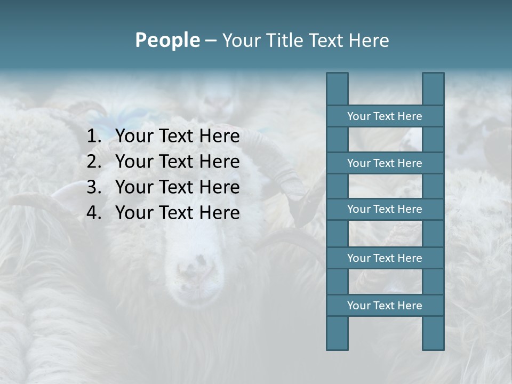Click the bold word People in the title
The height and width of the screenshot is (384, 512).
[167, 40]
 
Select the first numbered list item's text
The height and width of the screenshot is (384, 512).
[178, 136]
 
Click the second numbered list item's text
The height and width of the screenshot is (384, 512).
[178, 162]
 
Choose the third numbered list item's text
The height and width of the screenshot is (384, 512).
[178, 187]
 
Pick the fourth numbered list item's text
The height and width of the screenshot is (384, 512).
[178, 213]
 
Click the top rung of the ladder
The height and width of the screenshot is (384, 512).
[385, 116]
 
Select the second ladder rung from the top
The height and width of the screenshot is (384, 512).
[385, 163]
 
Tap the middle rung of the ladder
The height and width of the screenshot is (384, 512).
[385, 209]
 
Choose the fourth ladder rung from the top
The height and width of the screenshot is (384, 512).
[385, 258]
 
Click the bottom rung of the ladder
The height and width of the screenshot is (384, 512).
[385, 306]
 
